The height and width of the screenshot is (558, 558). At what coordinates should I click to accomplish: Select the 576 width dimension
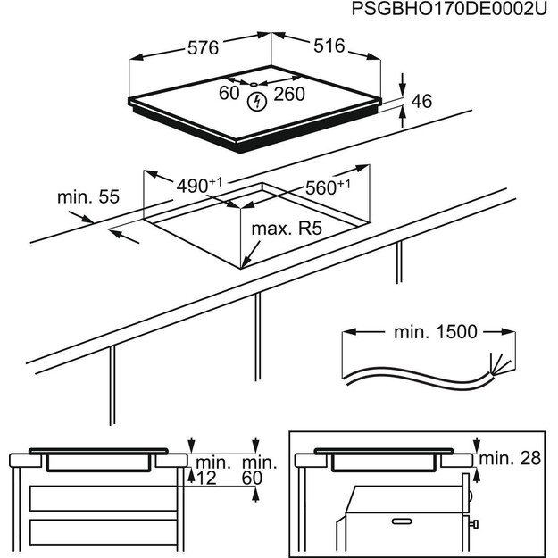click(203, 49)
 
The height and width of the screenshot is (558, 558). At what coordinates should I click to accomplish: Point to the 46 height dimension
click(421, 102)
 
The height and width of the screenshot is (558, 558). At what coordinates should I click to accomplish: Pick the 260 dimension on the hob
click(288, 94)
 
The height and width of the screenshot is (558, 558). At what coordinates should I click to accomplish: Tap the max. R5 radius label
click(286, 229)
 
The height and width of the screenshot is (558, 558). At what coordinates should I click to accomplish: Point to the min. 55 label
click(87, 197)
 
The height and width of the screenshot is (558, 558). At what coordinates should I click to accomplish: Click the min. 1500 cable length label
click(435, 332)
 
